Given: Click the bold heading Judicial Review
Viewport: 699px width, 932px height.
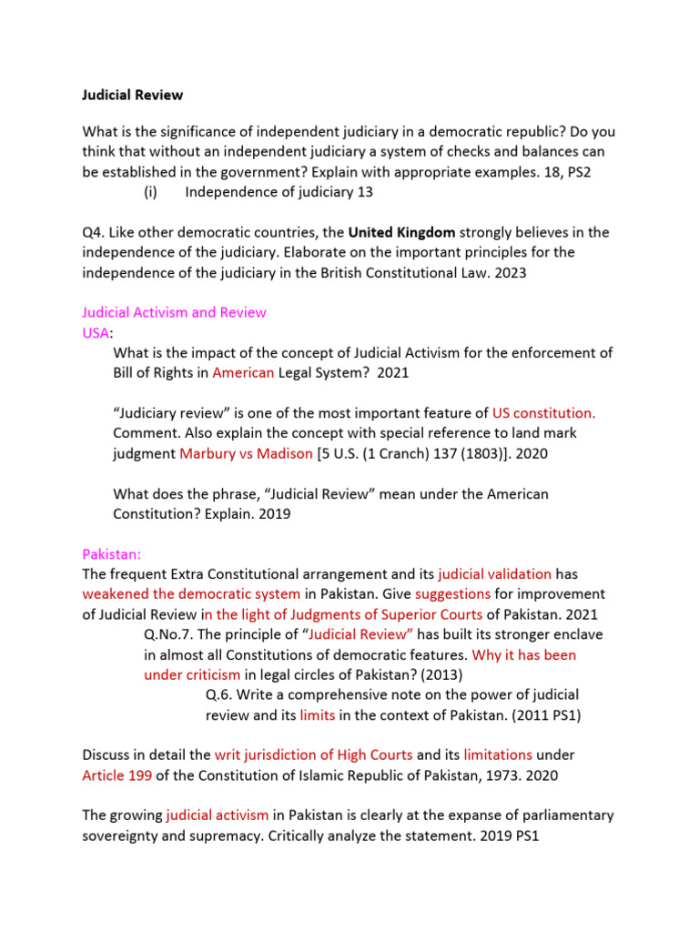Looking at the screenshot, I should [132, 94].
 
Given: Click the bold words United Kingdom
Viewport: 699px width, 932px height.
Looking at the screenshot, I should [401, 232].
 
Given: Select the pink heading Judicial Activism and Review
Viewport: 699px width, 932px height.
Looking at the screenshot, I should [174, 312].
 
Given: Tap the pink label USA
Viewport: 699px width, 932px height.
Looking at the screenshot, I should [95, 332].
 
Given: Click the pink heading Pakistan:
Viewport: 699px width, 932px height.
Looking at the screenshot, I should [112, 553].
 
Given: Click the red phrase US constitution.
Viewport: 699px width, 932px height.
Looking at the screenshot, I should [543, 412].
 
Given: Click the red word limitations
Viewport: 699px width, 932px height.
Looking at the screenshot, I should [498, 755].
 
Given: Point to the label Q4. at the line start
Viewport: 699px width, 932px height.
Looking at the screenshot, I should [95, 232].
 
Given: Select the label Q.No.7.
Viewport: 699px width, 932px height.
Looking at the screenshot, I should [171, 633].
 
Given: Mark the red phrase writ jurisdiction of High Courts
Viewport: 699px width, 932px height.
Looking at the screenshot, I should [313, 755].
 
